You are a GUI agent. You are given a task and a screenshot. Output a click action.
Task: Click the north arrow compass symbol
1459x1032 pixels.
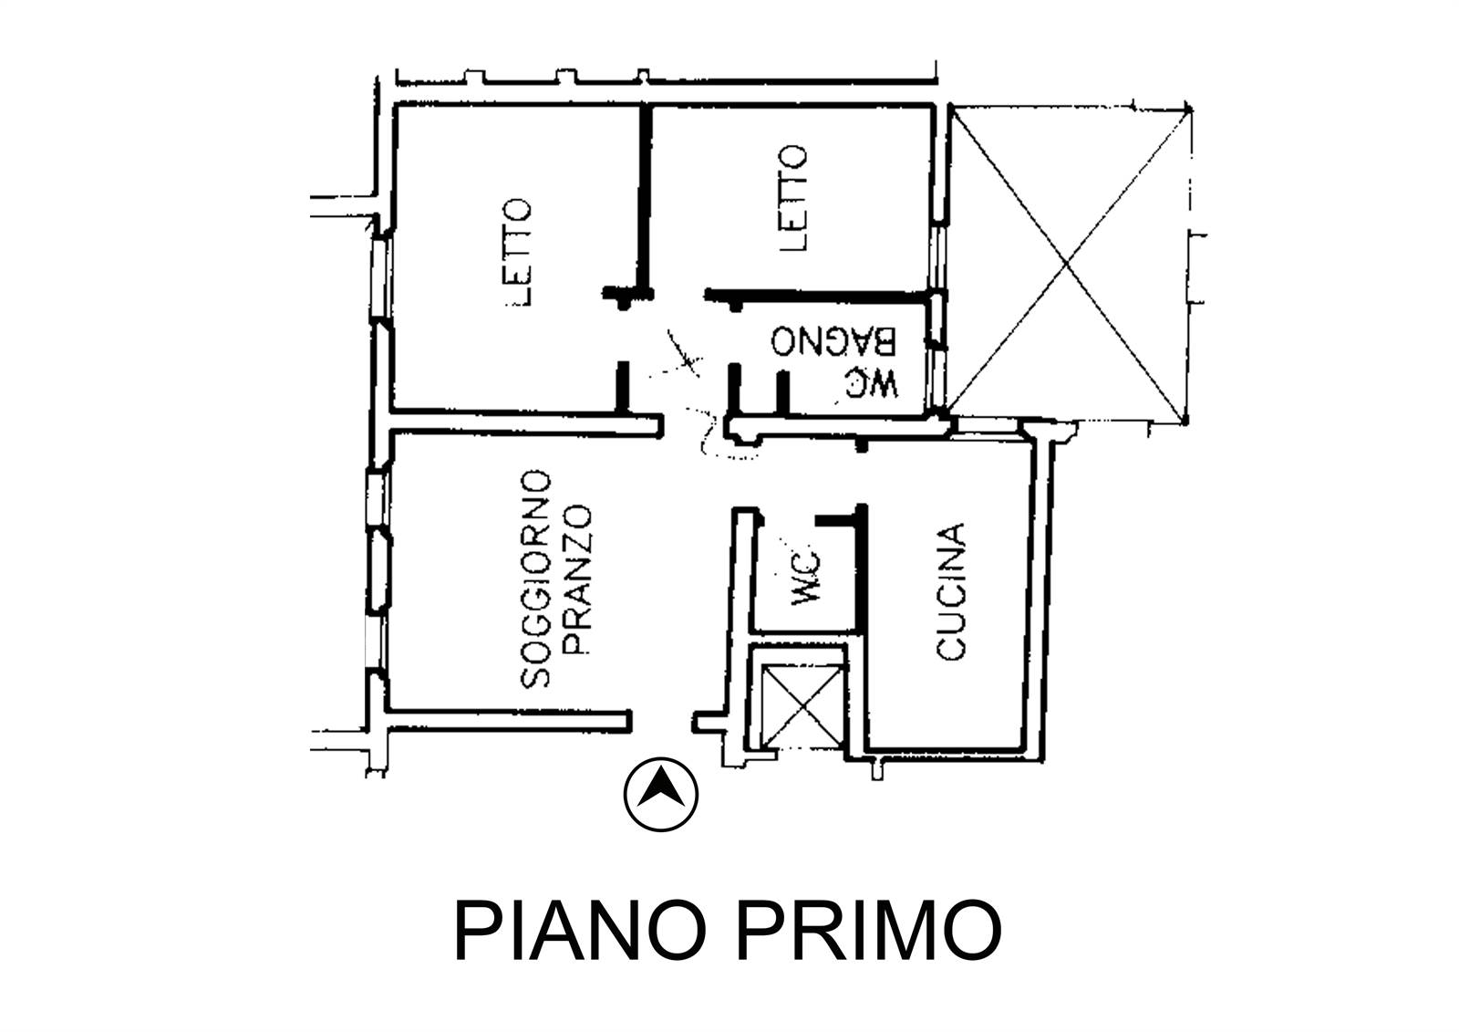click(660, 795)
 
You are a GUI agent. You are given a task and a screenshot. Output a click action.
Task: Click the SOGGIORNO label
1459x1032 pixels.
click(536, 579)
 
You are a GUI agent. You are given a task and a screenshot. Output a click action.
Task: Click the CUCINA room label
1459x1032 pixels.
click(950, 591)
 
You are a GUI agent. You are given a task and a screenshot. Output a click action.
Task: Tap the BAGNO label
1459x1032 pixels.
click(833, 340)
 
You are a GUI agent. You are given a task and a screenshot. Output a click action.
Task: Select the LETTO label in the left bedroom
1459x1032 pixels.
click(518, 252)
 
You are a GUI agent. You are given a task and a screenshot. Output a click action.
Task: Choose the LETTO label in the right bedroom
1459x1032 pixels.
click(792, 198)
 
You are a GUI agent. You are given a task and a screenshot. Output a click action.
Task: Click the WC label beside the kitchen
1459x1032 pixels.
click(806, 579)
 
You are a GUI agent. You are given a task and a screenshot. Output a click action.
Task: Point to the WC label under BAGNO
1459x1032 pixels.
click(872, 382)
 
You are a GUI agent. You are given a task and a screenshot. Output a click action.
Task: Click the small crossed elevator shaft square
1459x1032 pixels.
click(802, 705)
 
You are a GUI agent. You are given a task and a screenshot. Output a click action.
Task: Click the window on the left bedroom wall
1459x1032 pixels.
click(381, 277)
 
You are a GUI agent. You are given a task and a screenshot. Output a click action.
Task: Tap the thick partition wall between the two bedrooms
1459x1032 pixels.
click(645, 199)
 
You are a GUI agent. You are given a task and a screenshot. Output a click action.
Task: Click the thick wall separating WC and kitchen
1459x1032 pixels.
click(861, 568)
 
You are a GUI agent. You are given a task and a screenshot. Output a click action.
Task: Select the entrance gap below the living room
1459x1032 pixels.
click(661, 722)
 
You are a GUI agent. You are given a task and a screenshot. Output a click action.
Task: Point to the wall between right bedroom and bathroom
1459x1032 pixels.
click(815, 297)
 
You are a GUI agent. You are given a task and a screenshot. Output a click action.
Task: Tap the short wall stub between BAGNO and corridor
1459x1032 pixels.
click(734, 389)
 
